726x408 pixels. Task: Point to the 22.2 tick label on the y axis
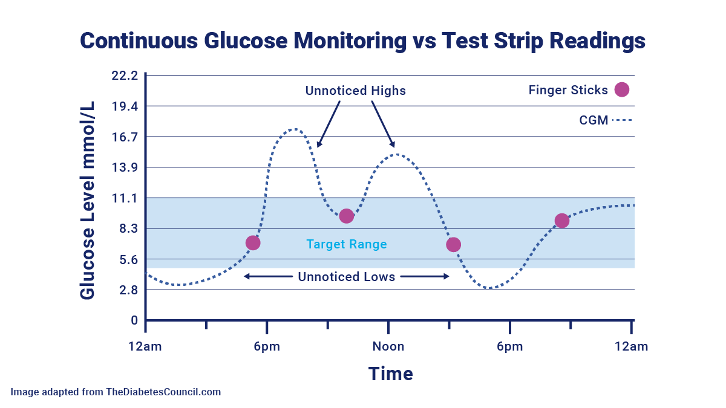pos(125,76)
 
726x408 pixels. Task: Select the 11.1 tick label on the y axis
pos(125,198)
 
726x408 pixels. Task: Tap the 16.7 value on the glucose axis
pos(125,137)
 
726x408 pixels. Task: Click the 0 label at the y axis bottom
pos(134,320)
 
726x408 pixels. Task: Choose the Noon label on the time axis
pos(388,346)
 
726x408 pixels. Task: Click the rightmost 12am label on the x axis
pos(632,346)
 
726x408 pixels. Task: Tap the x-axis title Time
pos(391,374)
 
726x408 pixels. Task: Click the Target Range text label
pos(346,245)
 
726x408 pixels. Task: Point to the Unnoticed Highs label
pos(355,91)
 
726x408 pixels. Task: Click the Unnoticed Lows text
pos(346,277)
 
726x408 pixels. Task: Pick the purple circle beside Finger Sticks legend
pos(621,89)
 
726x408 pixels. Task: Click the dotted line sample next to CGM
pos(622,120)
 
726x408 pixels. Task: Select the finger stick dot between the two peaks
pos(346,216)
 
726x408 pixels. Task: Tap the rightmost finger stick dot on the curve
pos(561,221)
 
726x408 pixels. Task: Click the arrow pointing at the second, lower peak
pos(383,125)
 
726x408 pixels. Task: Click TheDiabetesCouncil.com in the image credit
pos(163,392)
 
